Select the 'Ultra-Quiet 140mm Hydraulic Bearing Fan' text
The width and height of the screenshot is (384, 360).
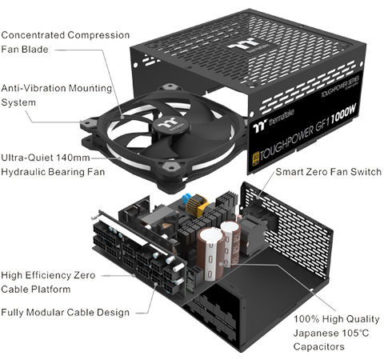[x=55, y=163]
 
